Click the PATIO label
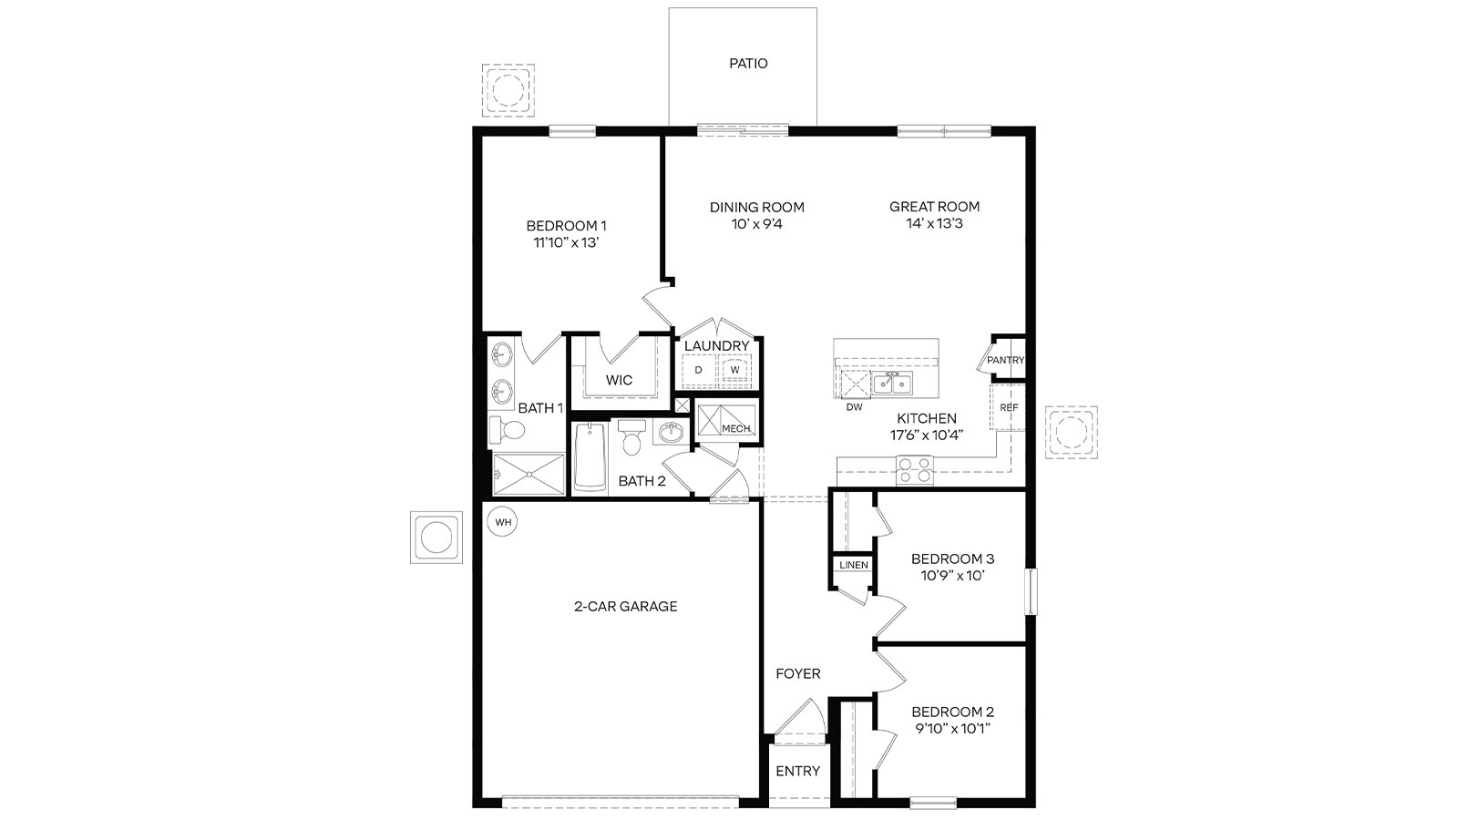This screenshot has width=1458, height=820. (748, 64)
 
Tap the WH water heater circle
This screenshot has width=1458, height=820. (502, 522)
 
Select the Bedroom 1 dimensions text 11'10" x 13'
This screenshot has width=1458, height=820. (566, 242)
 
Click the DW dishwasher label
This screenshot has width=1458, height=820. (854, 407)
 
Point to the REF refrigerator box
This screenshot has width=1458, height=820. (1009, 407)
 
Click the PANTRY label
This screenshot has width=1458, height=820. (1005, 360)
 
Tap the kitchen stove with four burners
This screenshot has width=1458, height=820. (916, 470)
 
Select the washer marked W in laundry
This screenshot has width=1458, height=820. (734, 370)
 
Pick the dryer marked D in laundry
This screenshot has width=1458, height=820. (699, 370)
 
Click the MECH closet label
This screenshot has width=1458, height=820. (735, 428)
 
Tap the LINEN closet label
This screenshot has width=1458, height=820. (854, 565)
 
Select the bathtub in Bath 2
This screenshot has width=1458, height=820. (590, 458)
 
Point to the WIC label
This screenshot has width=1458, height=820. (619, 380)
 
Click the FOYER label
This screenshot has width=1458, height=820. (797, 674)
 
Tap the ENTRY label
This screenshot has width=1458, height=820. (797, 771)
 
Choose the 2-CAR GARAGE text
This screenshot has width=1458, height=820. (625, 606)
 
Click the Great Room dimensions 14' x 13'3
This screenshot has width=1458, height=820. (934, 223)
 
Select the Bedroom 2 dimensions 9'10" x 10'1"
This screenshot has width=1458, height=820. (952, 729)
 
